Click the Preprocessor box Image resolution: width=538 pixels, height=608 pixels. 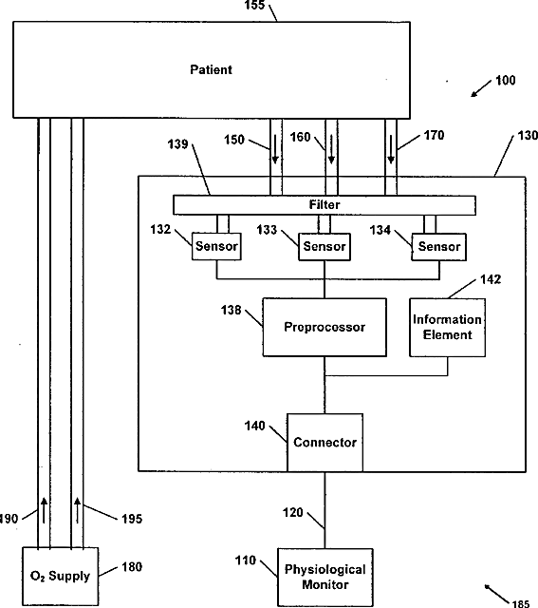(x=325, y=327)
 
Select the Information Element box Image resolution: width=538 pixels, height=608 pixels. (x=447, y=327)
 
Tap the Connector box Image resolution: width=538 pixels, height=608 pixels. (x=325, y=443)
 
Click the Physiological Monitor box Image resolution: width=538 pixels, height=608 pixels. (x=325, y=577)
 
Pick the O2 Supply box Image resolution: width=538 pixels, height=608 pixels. (x=60, y=576)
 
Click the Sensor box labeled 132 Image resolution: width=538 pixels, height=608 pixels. (x=216, y=246)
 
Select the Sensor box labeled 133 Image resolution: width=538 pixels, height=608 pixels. (x=325, y=247)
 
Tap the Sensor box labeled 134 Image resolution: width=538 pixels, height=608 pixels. (x=438, y=247)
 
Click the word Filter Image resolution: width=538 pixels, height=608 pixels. (x=325, y=204)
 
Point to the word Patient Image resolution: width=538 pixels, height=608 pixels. (x=211, y=69)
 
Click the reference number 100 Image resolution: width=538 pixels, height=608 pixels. (x=506, y=80)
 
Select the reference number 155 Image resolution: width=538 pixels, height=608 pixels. (x=254, y=5)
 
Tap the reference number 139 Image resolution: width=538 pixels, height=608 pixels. (x=177, y=144)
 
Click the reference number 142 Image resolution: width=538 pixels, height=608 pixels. (x=491, y=279)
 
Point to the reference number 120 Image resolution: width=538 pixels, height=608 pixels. (x=292, y=512)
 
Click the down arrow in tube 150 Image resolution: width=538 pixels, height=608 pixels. (x=275, y=148)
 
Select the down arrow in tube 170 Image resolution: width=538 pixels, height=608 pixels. (x=391, y=148)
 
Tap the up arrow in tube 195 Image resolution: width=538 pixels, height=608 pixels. (x=78, y=511)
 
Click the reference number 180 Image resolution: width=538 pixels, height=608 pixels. (x=132, y=567)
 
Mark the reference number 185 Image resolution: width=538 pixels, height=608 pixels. (x=521, y=603)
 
